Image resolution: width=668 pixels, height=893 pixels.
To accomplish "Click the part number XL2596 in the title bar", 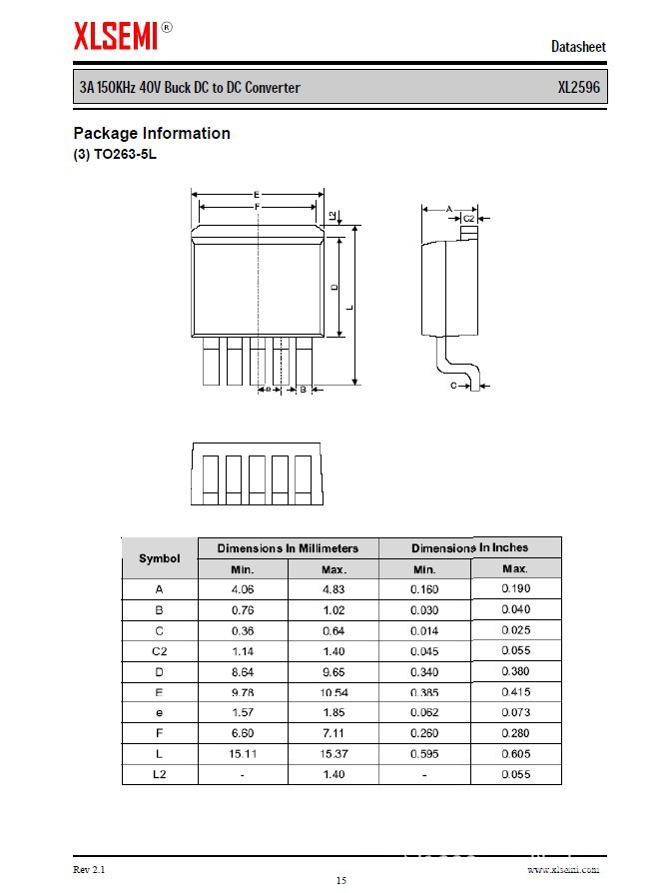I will [x=578, y=88].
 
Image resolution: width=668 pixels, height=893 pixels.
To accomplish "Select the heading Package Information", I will [x=152, y=133].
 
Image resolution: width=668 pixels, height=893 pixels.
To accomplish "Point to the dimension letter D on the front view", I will [x=334, y=287].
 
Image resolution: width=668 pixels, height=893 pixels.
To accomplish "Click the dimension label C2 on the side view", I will [x=468, y=218].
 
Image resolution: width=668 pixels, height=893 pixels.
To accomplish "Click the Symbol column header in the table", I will [x=160, y=558].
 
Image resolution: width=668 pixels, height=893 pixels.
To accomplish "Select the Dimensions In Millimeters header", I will [x=288, y=548].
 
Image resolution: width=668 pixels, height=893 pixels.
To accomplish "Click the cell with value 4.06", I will [x=243, y=589].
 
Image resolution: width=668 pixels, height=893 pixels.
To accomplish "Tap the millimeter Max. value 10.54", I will [x=334, y=692].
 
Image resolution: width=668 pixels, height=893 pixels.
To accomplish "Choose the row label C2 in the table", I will [x=160, y=651].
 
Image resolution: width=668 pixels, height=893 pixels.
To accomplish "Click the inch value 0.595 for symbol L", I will [x=424, y=754].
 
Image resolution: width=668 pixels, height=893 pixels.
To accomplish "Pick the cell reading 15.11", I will [x=243, y=754].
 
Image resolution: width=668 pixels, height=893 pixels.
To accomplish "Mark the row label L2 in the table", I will [x=160, y=774].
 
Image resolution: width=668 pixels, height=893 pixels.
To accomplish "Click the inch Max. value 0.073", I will [x=515, y=712].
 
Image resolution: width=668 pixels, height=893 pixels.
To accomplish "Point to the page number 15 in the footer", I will [x=340, y=880].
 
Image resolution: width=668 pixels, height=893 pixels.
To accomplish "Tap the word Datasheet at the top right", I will [x=578, y=47].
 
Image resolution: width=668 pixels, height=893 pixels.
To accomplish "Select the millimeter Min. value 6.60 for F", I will [x=243, y=733].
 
